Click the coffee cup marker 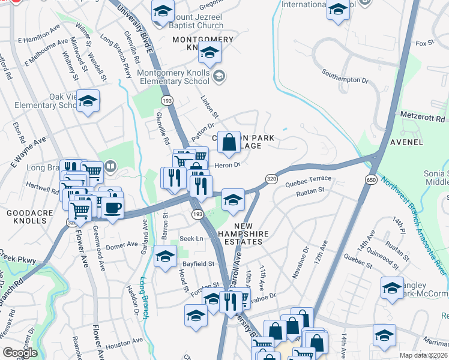112,208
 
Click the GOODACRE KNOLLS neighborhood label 26,217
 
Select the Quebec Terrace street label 309,179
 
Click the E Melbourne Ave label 46,53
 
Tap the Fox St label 424,43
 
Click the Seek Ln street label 191,238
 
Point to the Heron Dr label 227,164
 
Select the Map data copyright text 423,355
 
